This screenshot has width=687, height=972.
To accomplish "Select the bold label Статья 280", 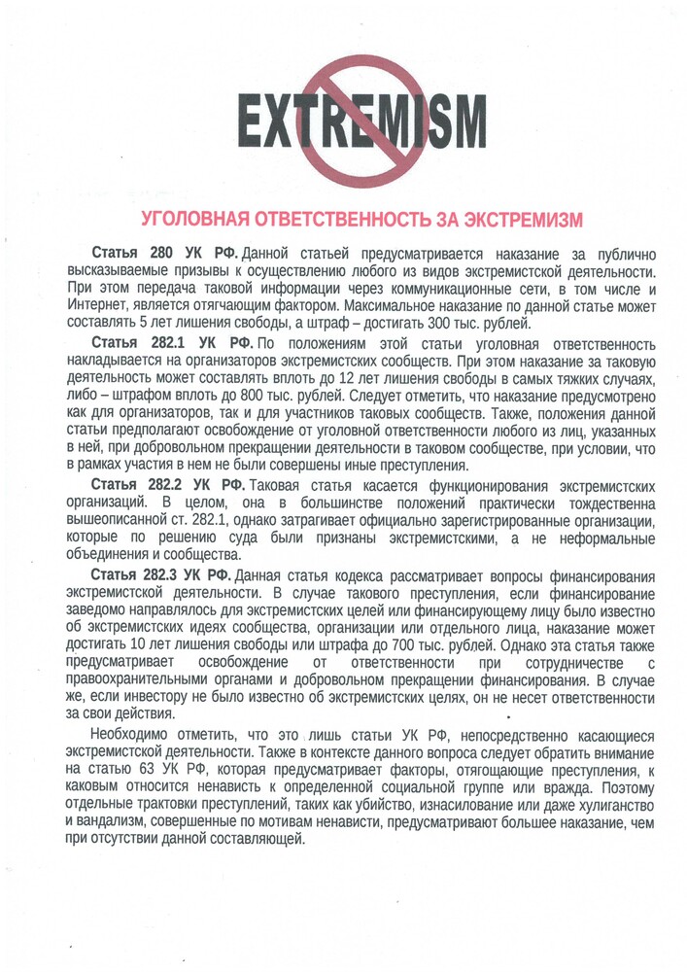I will click(x=132, y=253).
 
